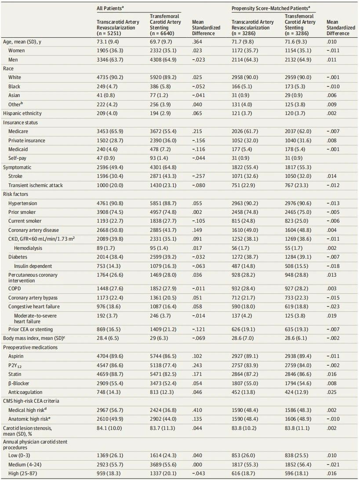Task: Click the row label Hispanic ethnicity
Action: (22, 113)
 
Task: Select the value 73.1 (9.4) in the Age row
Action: (108, 42)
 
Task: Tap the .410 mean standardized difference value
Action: (197, 410)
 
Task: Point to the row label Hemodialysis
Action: (28, 248)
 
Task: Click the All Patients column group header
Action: (110, 8)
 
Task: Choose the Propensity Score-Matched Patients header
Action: (271, 8)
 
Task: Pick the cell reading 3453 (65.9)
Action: (110, 131)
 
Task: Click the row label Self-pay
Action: (17, 158)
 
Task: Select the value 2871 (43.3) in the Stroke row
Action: (163, 176)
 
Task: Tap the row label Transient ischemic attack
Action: (36, 185)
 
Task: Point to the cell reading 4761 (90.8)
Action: (110, 203)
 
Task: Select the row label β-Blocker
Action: (19, 383)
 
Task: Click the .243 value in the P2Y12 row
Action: (197, 365)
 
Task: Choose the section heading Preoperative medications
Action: (30, 347)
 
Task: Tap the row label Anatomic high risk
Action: (29, 419)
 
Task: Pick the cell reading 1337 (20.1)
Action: (163, 473)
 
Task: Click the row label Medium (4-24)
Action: (25, 464)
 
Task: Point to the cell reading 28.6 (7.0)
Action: (243, 338)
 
